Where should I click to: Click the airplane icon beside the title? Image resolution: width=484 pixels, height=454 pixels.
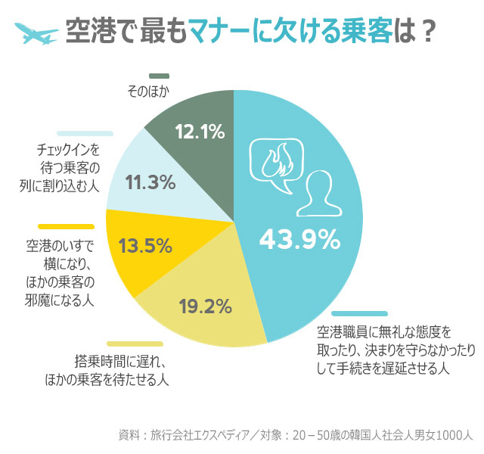36,33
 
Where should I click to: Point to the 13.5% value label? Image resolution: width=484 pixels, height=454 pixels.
146,246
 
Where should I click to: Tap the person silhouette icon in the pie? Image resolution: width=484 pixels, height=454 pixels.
321,194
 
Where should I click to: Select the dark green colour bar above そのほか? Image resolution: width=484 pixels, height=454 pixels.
159,76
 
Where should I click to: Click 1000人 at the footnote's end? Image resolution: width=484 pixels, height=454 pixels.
455,435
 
